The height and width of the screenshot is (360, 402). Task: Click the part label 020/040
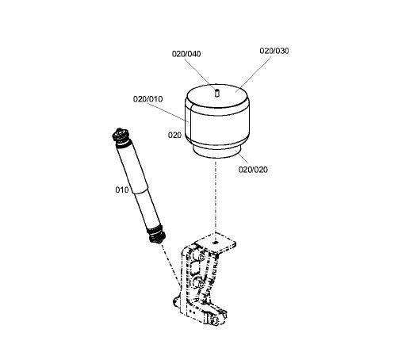coord(186,54)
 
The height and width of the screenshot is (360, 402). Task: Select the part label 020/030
coord(274,51)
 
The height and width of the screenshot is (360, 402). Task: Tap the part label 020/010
coord(147,99)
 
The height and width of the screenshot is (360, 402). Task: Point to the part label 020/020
coord(253,170)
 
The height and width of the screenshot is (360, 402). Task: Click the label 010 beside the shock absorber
coord(122,190)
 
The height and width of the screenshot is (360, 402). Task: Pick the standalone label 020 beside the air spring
coord(174,135)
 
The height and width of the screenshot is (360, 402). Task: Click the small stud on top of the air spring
coord(216,93)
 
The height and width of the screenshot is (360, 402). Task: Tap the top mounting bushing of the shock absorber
coord(121,135)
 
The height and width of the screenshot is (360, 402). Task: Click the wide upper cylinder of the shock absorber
coord(132,168)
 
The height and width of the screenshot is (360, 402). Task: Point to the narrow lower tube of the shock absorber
coord(147,209)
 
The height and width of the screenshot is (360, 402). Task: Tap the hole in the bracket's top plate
coord(216,242)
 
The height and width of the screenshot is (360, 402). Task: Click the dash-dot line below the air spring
coord(216,197)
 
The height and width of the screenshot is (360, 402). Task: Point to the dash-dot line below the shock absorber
coord(170,264)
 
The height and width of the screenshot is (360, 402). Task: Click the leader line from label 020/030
coord(254,74)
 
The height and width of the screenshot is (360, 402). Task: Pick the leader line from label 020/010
coord(168,113)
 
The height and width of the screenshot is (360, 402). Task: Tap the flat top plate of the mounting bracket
coord(216,243)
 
